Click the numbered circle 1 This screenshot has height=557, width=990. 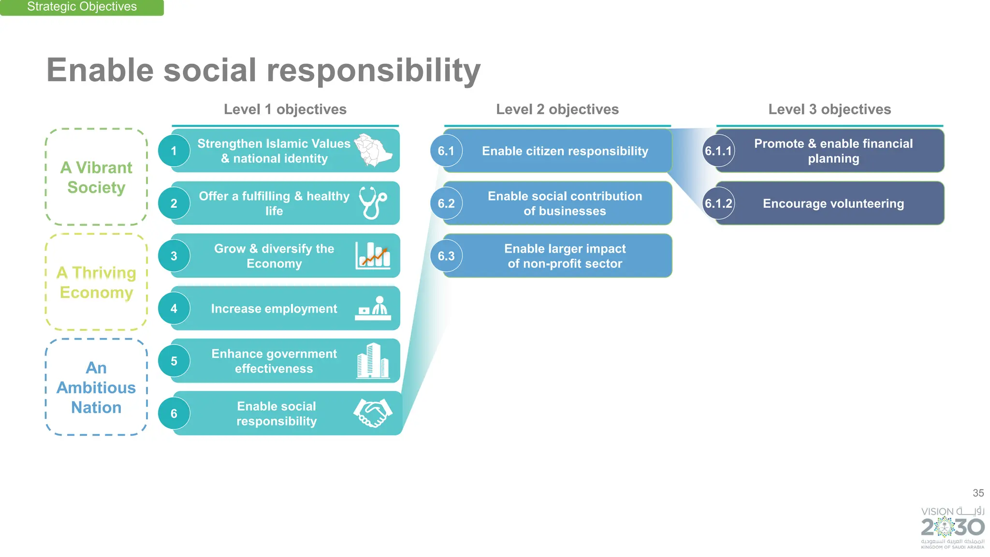(x=174, y=151)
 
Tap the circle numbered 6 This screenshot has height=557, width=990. (x=174, y=414)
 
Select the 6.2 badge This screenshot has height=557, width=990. (x=446, y=203)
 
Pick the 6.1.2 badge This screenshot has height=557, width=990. (x=718, y=203)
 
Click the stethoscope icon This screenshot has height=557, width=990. (x=373, y=203)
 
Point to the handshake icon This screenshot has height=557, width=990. (x=373, y=413)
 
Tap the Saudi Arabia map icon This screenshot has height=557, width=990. (x=373, y=150)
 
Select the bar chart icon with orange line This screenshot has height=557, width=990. (x=373, y=256)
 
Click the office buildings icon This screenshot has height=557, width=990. (x=373, y=360)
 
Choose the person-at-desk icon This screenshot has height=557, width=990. (x=373, y=308)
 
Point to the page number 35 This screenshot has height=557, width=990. (x=978, y=493)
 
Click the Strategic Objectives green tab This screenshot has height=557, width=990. (x=82, y=7)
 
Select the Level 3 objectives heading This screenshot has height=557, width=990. (x=830, y=110)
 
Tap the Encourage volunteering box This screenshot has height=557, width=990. (x=833, y=203)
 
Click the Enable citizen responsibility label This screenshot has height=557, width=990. (x=565, y=151)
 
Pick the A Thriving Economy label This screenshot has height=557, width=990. (x=96, y=283)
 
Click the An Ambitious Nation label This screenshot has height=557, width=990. (x=96, y=387)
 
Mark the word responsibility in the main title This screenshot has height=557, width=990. (x=373, y=71)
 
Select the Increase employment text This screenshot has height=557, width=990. (x=274, y=309)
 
